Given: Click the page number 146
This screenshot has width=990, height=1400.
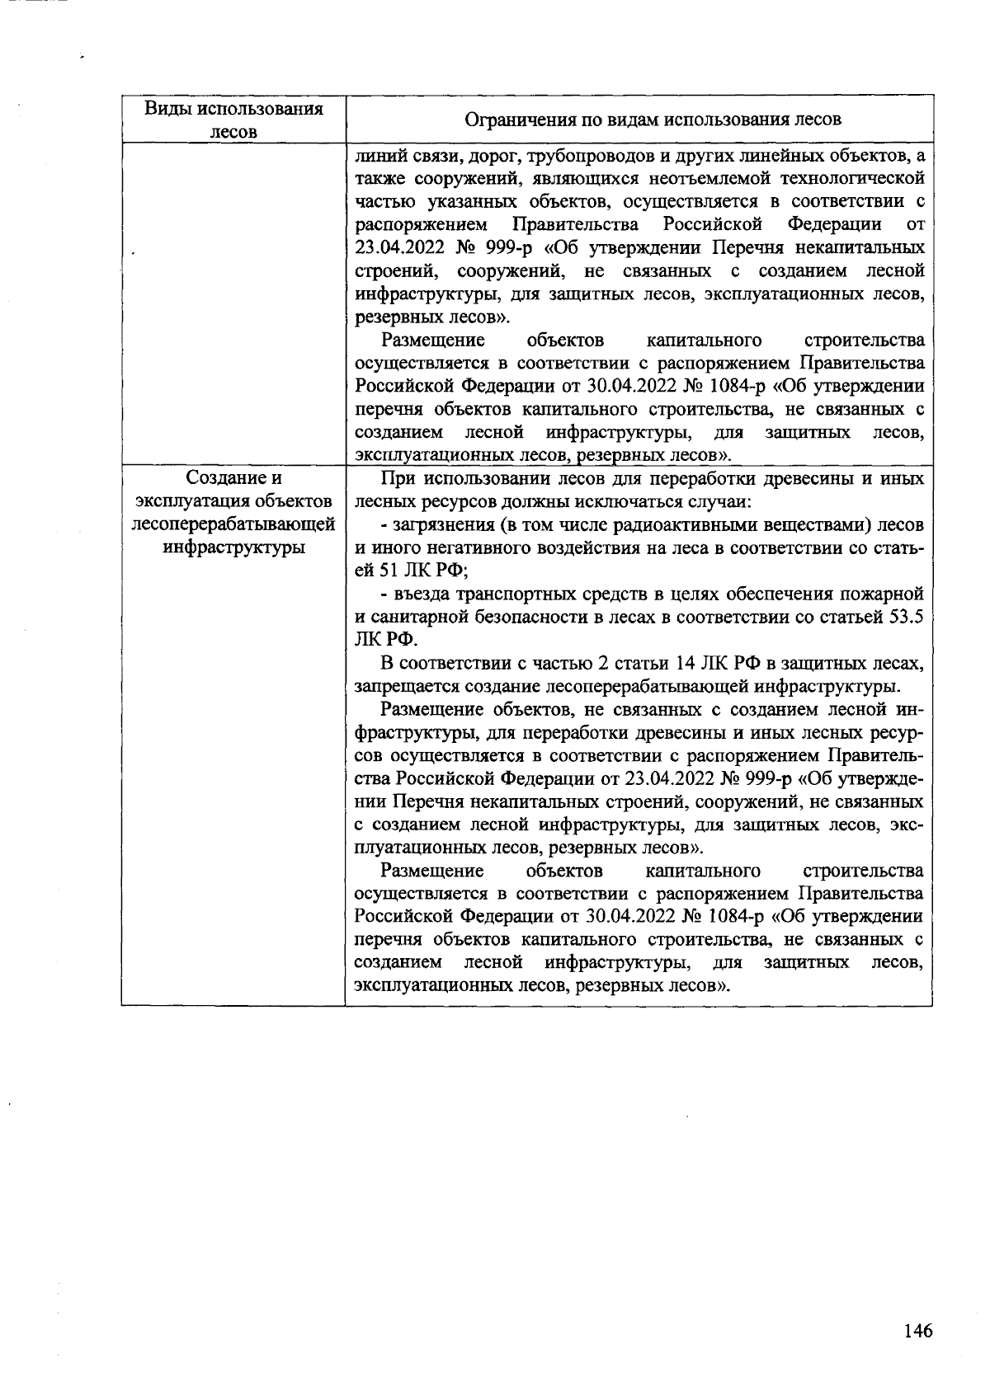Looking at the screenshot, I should click(917, 1330).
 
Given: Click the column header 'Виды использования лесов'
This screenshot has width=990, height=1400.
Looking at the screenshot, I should click(233, 120).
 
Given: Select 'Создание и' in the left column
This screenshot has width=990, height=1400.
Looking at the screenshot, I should click(233, 478).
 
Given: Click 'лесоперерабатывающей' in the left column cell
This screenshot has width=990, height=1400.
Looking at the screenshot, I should click(233, 524).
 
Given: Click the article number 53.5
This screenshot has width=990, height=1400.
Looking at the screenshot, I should click(905, 617).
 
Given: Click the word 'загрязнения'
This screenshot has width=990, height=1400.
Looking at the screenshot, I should click(441, 524).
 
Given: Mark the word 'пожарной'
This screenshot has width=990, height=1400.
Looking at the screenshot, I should click(884, 594).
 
